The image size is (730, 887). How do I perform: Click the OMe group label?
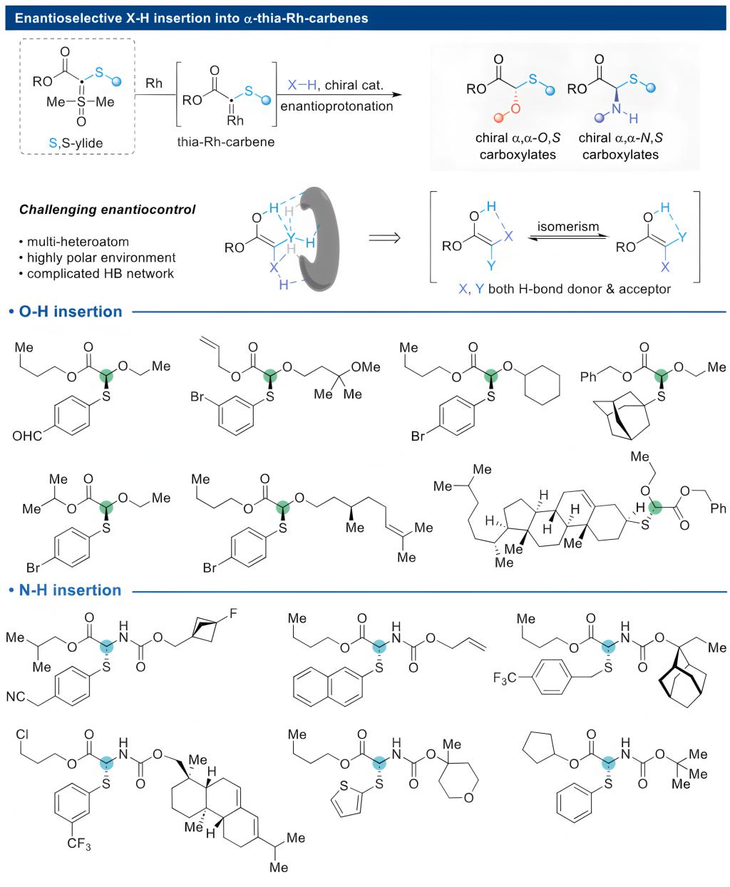[367, 367]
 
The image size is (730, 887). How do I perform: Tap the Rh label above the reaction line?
[154, 83]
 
